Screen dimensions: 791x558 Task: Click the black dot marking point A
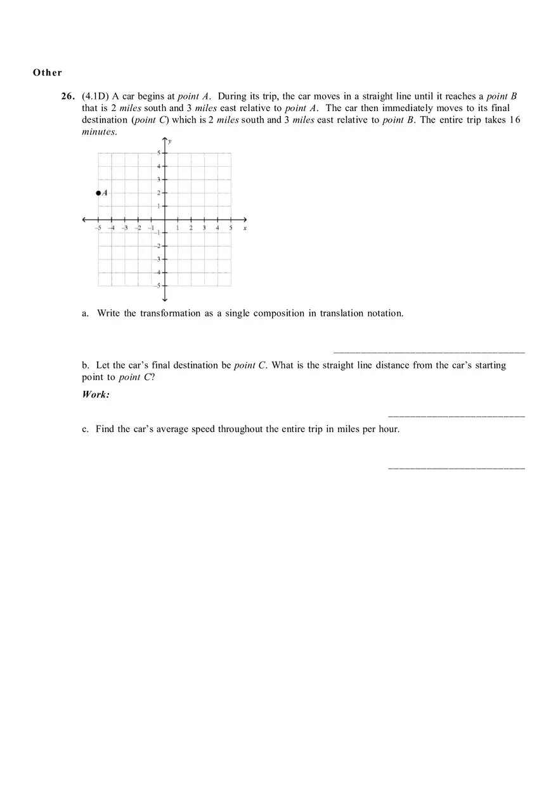coord(98,193)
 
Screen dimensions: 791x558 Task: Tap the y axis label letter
coord(169,141)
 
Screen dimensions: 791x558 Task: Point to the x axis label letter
coord(245,228)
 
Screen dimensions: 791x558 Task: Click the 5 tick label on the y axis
coord(159,153)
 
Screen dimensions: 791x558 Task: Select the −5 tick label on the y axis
coord(158,286)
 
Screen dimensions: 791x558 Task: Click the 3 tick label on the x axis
coord(204,228)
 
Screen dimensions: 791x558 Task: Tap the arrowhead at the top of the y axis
coord(165,140)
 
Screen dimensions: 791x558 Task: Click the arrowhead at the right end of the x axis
coord(244,219)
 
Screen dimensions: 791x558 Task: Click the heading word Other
coord(48,72)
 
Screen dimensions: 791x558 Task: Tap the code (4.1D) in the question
coord(96,96)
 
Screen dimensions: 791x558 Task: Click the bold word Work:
coord(96,395)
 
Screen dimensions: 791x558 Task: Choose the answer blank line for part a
coord(429,352)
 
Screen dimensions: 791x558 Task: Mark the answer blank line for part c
coord(456,468)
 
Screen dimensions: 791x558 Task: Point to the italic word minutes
coord(99,132)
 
